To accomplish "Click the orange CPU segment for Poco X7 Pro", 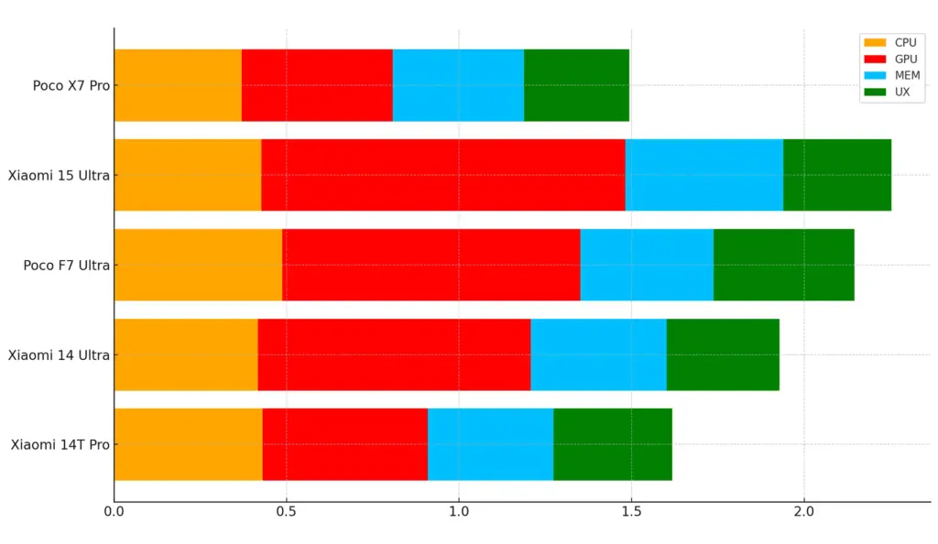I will click(x=178, y=85).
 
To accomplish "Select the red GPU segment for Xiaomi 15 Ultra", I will click(x=442, y=175).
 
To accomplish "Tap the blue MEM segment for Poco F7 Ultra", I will click(x=647, y=265).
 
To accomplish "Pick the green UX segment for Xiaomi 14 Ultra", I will click(x=723, y=354).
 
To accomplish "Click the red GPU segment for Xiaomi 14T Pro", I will click(x=344, y=444).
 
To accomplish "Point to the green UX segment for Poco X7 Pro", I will click(x=576, y=85).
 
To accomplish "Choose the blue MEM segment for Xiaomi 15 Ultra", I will click(x=703, y=175).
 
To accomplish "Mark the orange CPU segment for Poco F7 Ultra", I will click(x=198, y=265).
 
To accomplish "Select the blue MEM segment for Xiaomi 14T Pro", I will click(x=490, y=444).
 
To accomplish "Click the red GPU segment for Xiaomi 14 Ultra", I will click(x=394, y=354).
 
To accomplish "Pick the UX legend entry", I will click(x=888, y=92).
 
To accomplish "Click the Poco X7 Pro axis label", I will click(x=71, y=86).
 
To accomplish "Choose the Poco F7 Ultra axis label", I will click(x=66, y=266).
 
